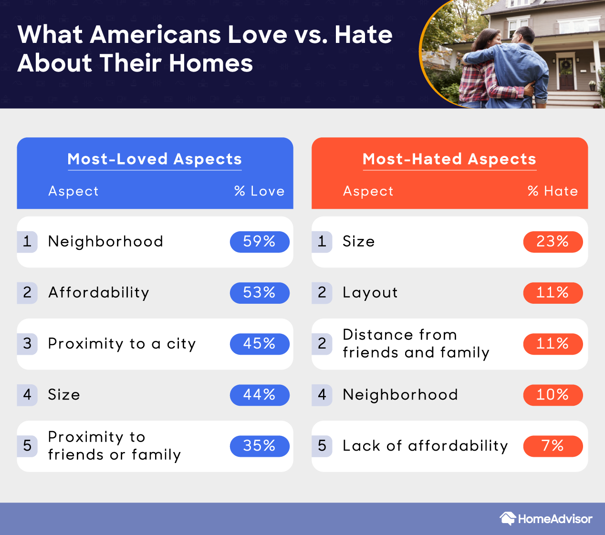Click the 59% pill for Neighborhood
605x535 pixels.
click(260, 242)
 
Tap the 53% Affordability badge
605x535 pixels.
click(260, 293)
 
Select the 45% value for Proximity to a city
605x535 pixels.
click(260, 344)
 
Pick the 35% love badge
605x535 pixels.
click(260, 446)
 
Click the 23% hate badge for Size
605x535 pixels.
click(553, 242)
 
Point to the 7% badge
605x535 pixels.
click(553, 446)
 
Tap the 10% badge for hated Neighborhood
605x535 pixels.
click(553, 395)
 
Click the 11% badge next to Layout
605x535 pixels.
click(553, 293)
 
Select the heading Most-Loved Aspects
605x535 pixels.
click(155, 159)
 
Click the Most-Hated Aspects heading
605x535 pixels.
click(449, 159)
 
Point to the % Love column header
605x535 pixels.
click(259, 191)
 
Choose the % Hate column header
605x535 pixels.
click(553, 191)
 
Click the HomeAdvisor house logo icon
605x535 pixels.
click(508, 518)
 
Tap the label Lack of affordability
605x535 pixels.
click(425, 446)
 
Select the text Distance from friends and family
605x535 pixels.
click(416, 344)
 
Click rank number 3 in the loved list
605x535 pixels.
click(27, 344)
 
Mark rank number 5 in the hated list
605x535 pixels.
click(322, 446)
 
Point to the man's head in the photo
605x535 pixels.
click(523, 36)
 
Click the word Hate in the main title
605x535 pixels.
click(364, 35)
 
